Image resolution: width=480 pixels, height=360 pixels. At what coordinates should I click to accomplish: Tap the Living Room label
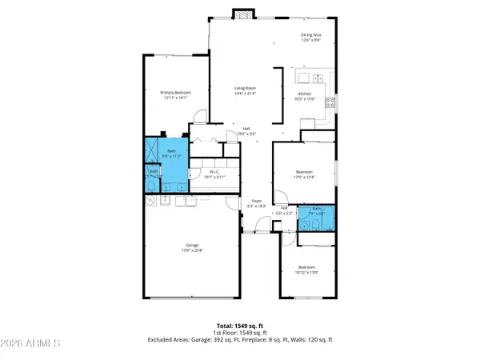click(245, 90)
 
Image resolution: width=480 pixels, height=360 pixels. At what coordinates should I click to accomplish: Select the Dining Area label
click(312, 37)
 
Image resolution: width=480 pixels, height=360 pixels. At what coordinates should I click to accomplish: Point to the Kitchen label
click(306, 97)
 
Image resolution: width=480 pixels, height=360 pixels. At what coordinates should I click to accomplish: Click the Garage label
click(193, 248)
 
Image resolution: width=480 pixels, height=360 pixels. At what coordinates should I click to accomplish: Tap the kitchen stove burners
click(330, 102)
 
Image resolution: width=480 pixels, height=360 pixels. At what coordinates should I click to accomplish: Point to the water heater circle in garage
click(150, 203)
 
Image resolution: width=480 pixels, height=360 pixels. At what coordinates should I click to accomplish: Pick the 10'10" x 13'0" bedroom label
click(308, 270)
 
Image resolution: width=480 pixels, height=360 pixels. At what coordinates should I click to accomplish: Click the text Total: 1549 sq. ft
click(239, 326)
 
